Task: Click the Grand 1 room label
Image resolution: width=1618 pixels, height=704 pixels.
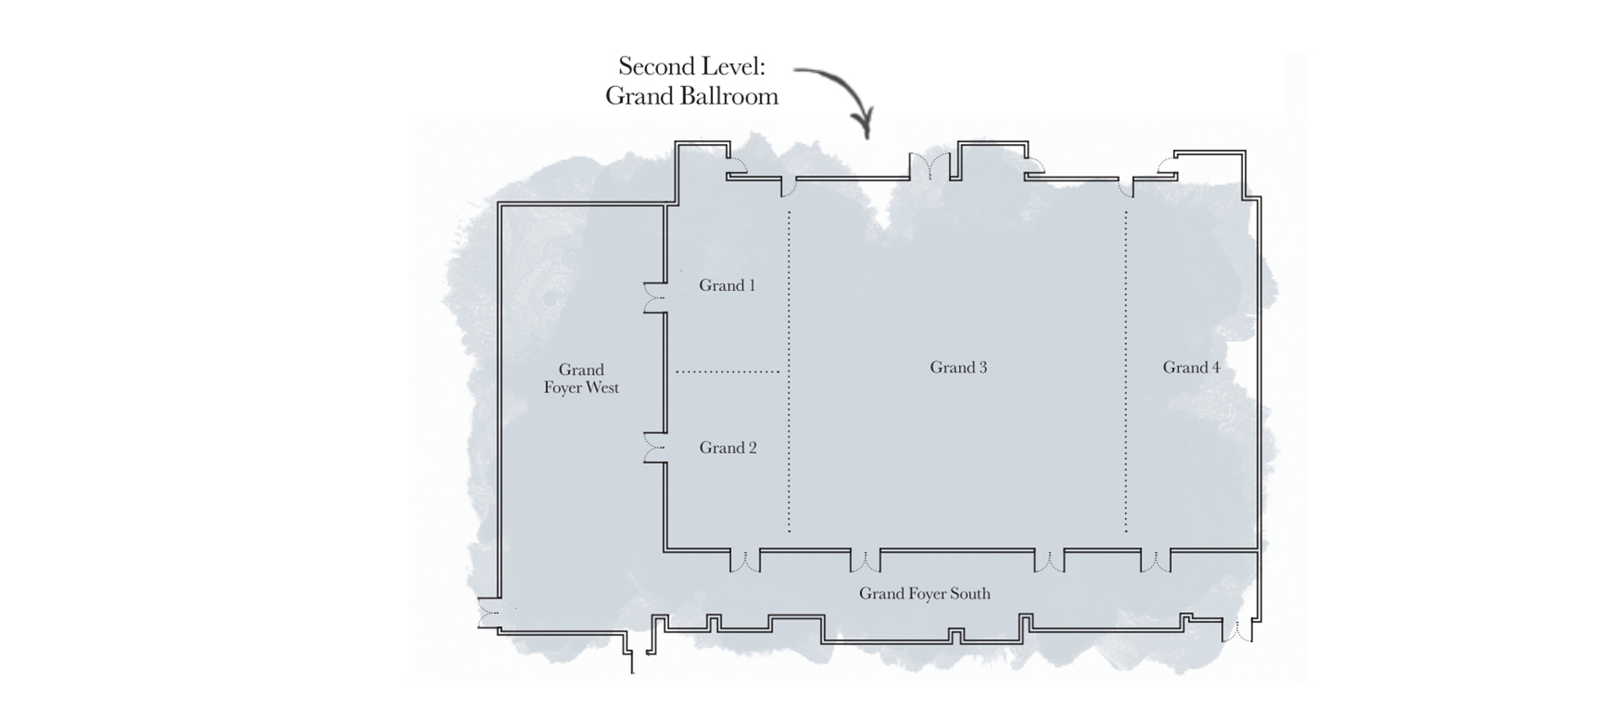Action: (726, 286)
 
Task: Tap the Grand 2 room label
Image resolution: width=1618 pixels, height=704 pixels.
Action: (727, 449)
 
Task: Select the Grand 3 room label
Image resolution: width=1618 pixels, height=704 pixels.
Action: (958, 368)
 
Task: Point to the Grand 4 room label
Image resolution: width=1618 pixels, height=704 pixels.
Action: (1191, 368)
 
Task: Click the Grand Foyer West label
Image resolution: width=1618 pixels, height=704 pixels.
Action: (581, 379)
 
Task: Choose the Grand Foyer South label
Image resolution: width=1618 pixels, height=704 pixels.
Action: (924, 594)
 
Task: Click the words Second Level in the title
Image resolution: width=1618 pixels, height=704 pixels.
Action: (692, 66)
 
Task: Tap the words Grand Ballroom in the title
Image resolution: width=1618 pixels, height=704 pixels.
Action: (692, 96)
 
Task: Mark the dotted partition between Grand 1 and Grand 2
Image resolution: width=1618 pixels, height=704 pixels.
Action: (727, 372)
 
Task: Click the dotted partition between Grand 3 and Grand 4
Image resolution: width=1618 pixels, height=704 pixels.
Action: (1126, 372)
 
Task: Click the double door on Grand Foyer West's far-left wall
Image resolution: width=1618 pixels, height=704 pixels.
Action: (487, 613)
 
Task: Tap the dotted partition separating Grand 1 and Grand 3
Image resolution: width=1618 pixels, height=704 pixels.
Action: (790, 372)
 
